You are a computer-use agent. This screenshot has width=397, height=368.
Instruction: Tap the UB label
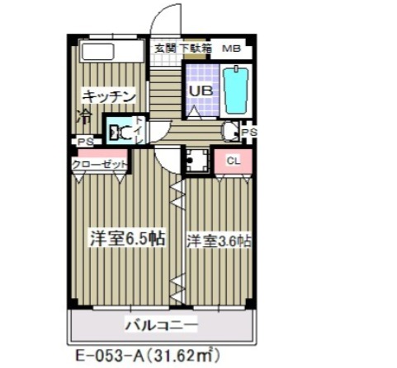point(200,91)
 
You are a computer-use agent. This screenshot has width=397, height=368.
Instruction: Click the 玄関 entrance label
point(165,49)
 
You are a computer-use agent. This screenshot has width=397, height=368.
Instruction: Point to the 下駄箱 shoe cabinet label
point(195,49)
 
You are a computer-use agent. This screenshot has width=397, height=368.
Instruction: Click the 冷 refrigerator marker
point(84,114)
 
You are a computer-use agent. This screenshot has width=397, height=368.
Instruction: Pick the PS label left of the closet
point(83,142)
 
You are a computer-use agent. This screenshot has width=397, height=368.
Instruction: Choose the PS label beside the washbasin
point(248,132)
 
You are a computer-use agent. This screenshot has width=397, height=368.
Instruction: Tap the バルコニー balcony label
point(161,324)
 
